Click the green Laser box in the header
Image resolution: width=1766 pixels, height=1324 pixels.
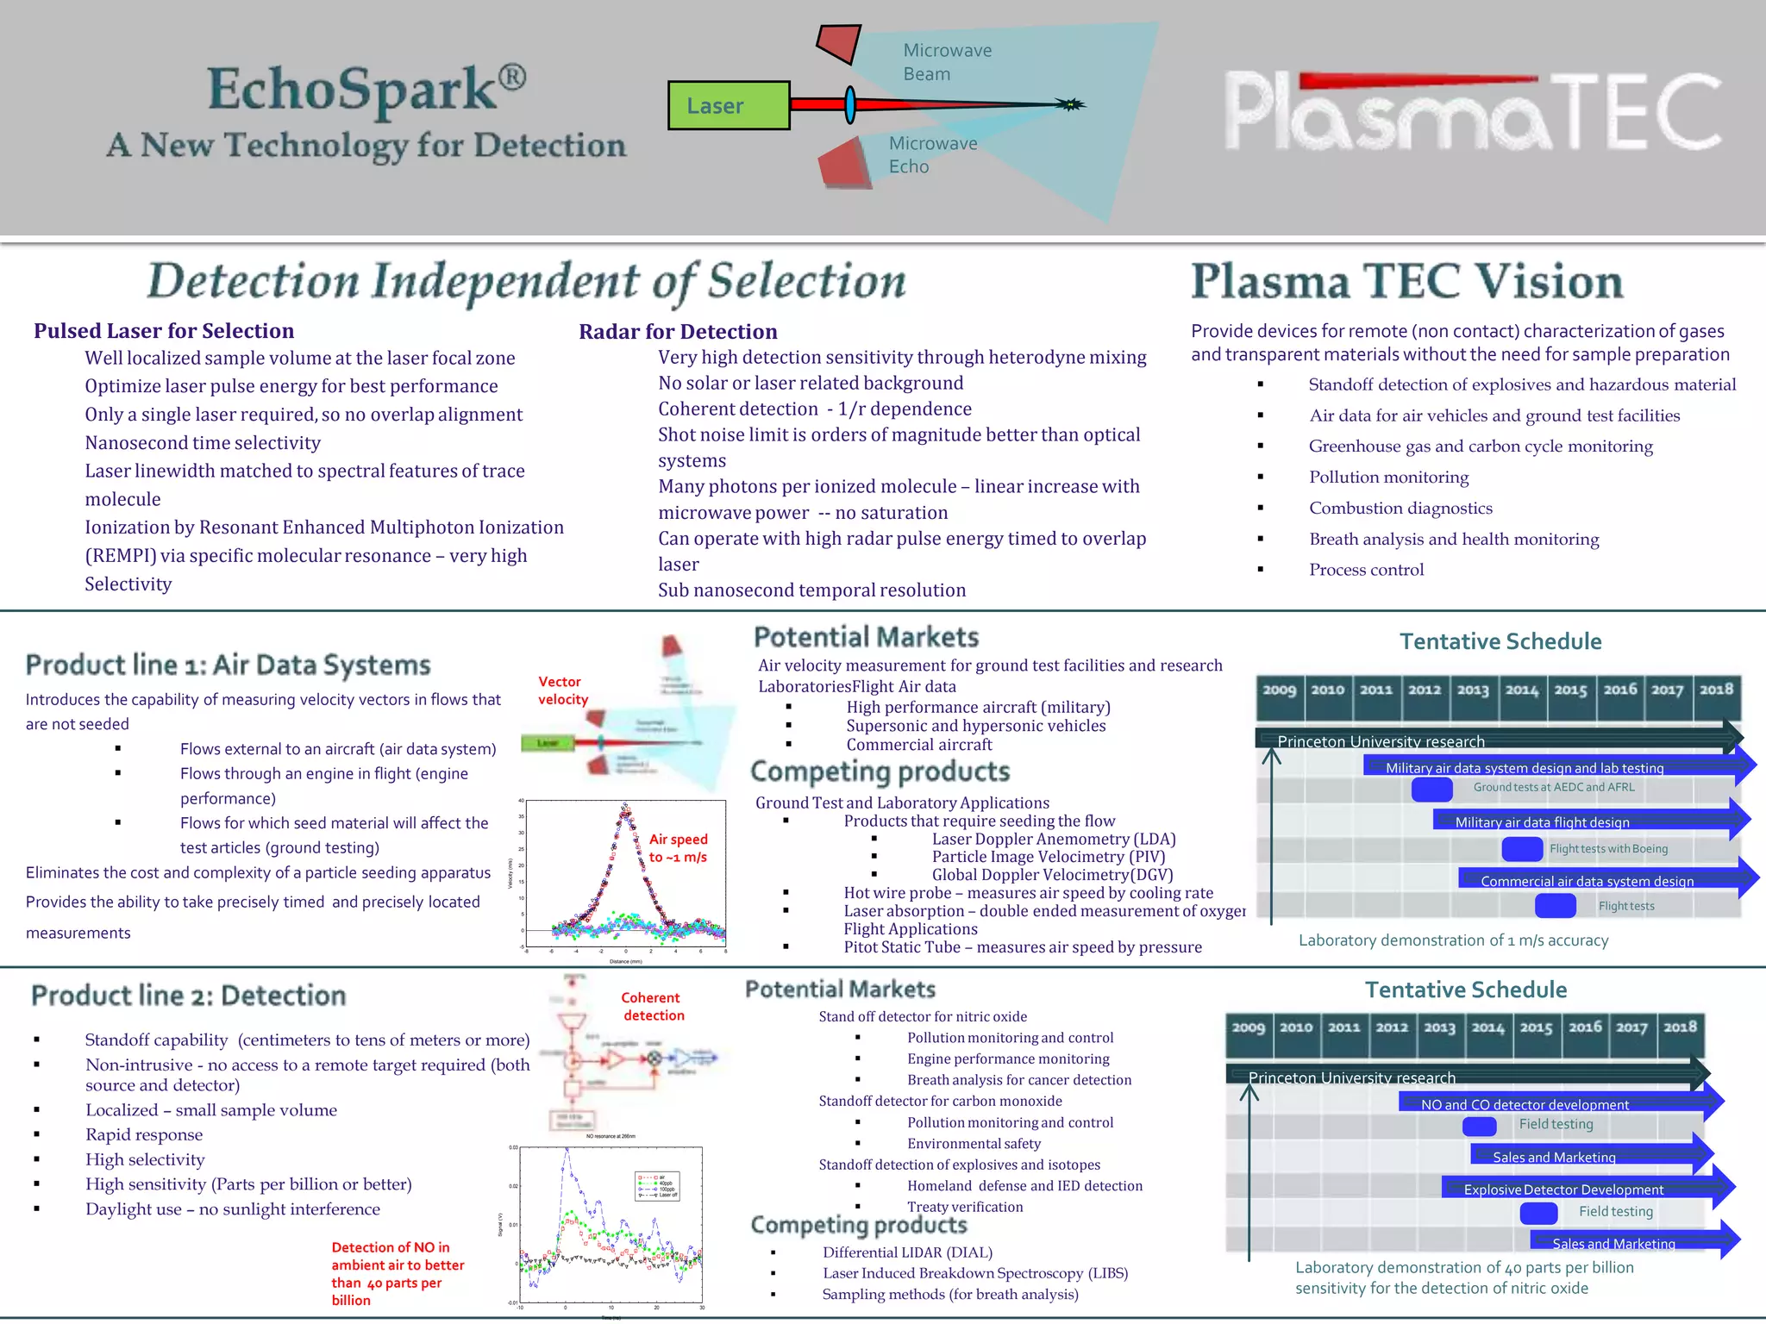click(729, 105)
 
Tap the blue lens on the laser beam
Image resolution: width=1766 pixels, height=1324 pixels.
click(850, 104)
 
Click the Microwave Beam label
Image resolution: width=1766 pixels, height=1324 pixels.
click(947, 62)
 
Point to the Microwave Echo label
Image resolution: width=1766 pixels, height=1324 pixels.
click(932, 155)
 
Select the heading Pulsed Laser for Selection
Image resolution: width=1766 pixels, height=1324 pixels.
click(164, 331)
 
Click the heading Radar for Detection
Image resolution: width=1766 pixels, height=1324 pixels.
click(678, 332)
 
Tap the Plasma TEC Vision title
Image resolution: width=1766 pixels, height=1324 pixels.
click(1406, 282)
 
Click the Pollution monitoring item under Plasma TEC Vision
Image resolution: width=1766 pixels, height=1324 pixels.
click(1388, 478)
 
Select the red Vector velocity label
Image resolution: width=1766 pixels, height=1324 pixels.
click(563, 690)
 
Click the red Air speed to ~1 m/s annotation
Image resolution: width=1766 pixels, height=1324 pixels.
click(678, 848)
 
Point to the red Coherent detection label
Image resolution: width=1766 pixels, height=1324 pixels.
click(653, 1006)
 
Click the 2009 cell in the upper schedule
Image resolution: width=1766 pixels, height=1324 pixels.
click(1280, 690)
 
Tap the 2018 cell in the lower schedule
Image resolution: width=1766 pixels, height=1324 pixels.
click(1680, 1027)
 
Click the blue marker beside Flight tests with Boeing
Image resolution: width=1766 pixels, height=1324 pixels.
click(1522, 849)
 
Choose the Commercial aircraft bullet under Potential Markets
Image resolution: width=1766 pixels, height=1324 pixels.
click(918, 745)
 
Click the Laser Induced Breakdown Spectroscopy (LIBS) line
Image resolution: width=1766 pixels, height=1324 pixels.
click(974, 1273)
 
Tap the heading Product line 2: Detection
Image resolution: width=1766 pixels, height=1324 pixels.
click(189, 996)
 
